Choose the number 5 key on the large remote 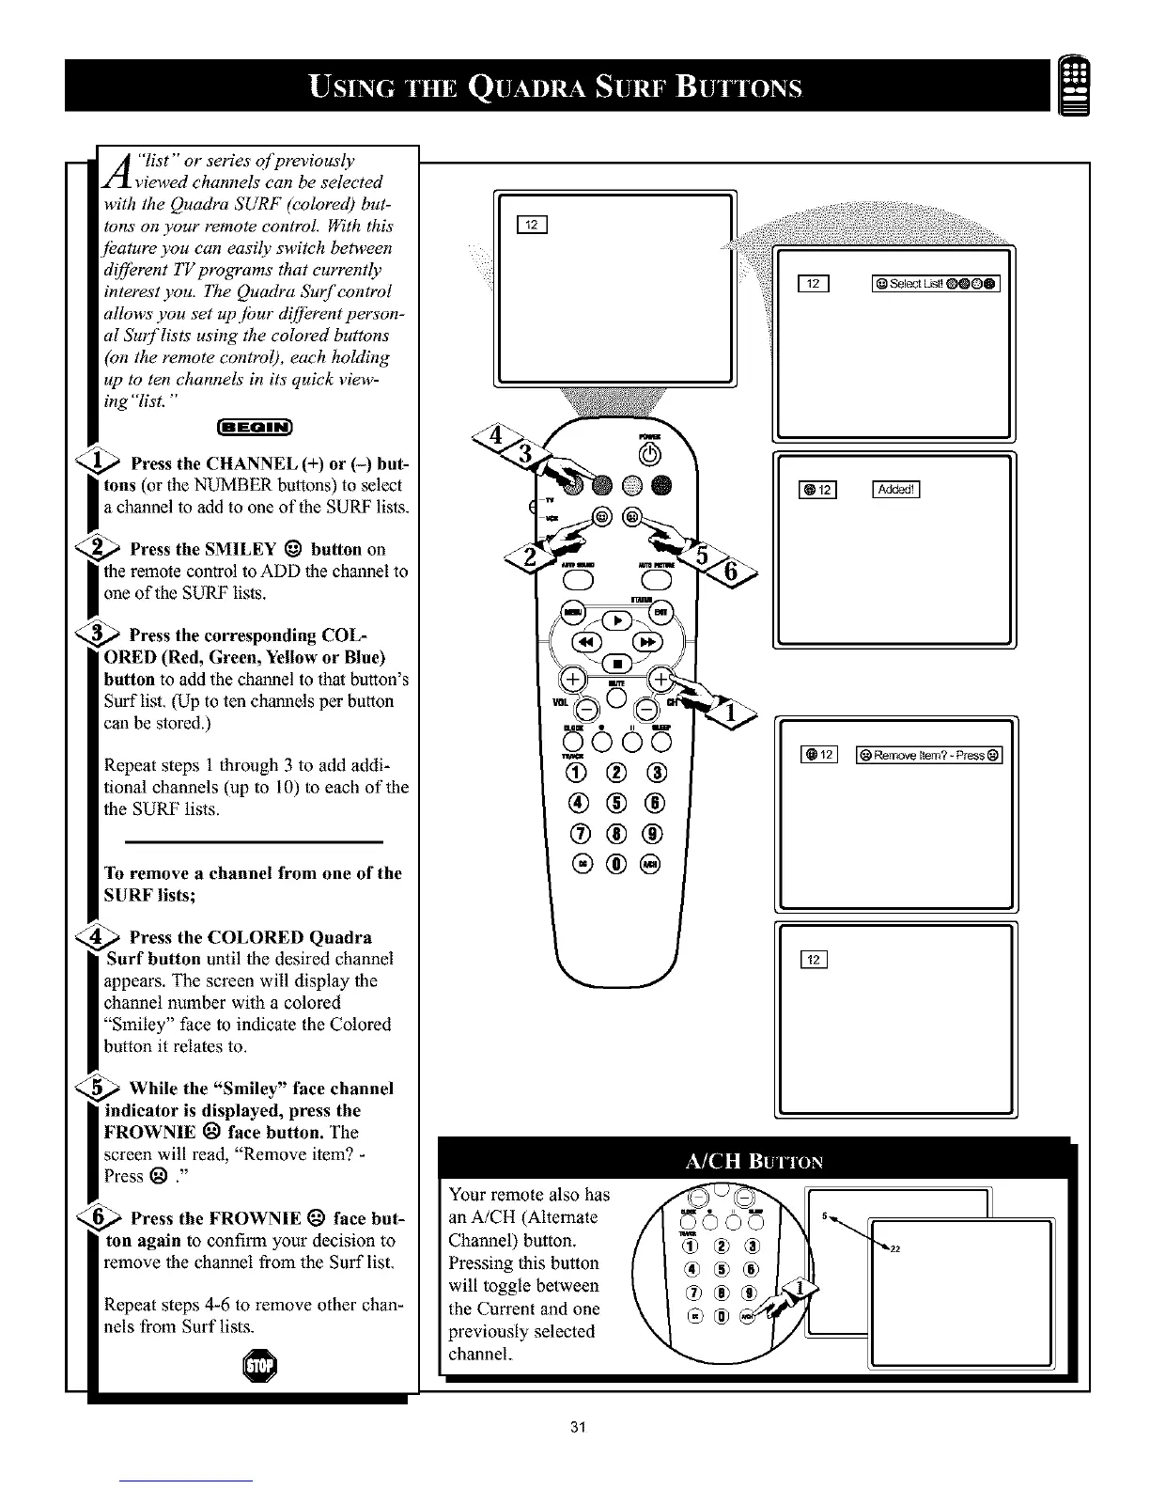pyautogui.click(x=616, y=802)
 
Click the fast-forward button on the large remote pyautogui.click(x=649, y=643)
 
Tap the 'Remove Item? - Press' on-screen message pyautogui.click(x=929, y=755)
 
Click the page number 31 pyautogui.click(x=578, y=1428)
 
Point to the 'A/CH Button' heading pyautogui.click(x=754, y=1160)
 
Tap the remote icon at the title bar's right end pyautogui.click(x=1074, y=84)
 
